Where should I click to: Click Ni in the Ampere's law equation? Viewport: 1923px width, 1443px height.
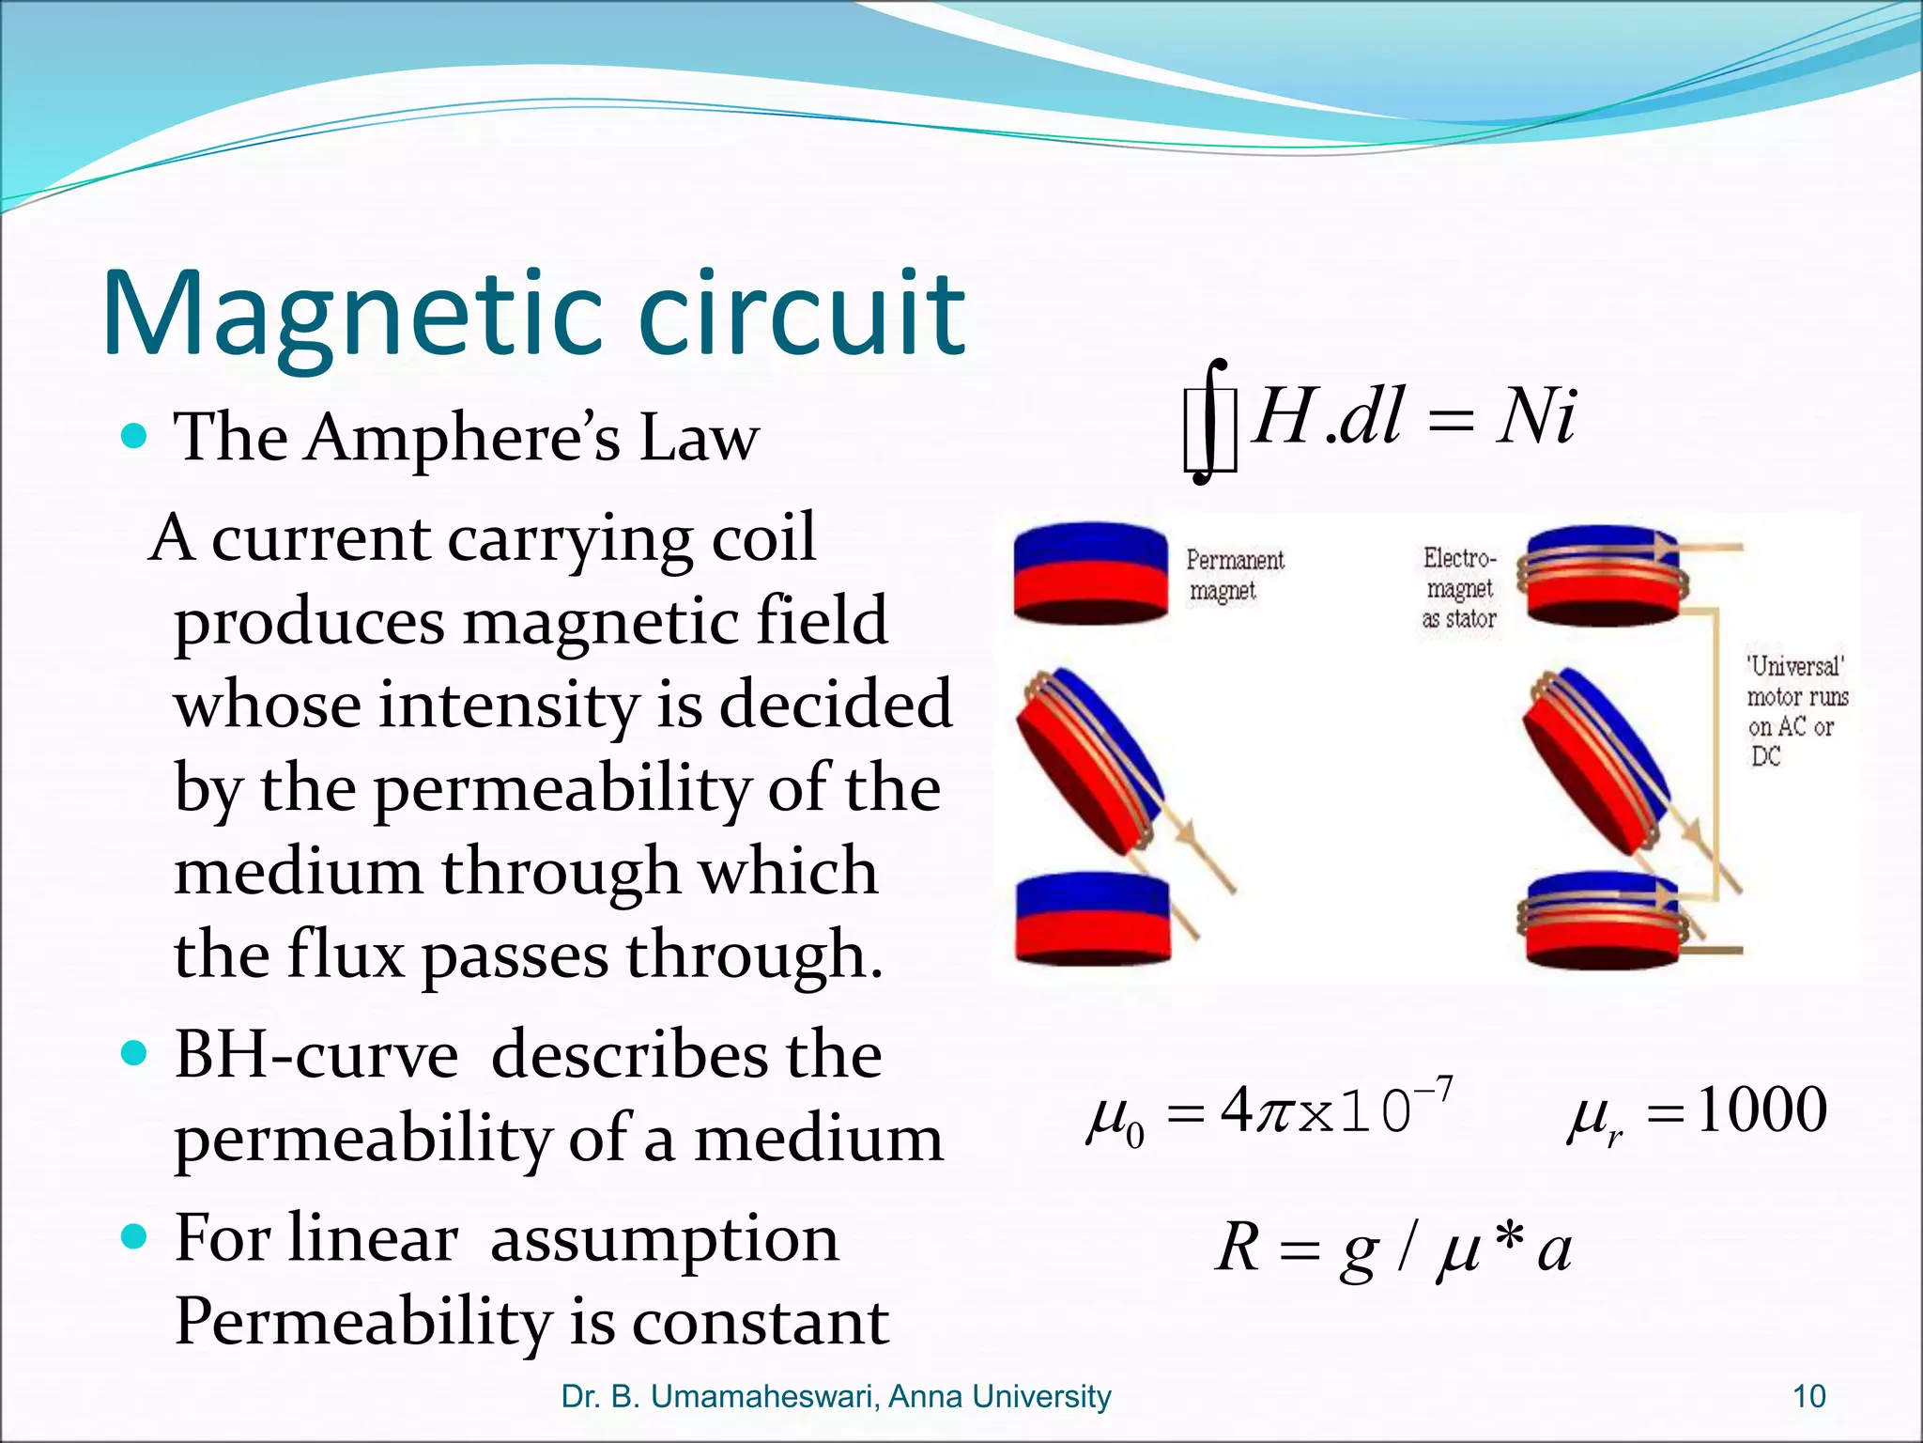tap(1537, 416)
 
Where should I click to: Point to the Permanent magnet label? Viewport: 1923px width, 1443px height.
tap(1233, 575)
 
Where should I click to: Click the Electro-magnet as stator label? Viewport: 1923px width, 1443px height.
tap(1458, 588)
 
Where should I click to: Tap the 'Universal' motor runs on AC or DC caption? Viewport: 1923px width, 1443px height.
tap(1795, 711)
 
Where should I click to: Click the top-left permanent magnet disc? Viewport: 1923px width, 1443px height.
tap(1091, 573)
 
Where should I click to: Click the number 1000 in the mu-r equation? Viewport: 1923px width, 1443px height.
tap(1761, 1110)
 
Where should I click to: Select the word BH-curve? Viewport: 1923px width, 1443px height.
tap(316, 1055)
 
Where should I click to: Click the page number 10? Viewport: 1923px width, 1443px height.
tap(1808, 1397)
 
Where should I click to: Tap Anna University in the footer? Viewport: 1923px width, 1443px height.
tap(999, 1397)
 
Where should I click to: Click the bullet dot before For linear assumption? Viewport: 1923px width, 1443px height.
tap(135, 1237)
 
